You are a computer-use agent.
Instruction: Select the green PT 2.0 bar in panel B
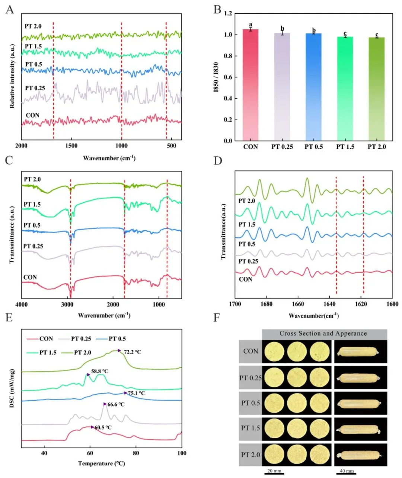coord(377,89)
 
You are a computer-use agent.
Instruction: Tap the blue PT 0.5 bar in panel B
coord(313,87)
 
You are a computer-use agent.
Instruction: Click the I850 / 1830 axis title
coord(216,77)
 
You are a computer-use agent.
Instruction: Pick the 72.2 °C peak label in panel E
coord(133,352)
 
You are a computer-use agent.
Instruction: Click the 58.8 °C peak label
coord(100,371)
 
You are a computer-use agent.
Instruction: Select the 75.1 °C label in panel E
coord(136,393)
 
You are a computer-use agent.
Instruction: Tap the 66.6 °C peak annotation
coord(116,404)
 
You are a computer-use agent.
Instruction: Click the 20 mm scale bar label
coord(274,471)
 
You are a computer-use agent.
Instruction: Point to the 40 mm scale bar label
coord(347,471)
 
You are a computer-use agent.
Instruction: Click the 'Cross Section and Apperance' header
coord(323,334)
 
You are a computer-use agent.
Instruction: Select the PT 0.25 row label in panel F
coord(250,378)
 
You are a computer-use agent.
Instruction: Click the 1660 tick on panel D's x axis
coord(297,304)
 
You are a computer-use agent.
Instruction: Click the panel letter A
coord(10,9)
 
